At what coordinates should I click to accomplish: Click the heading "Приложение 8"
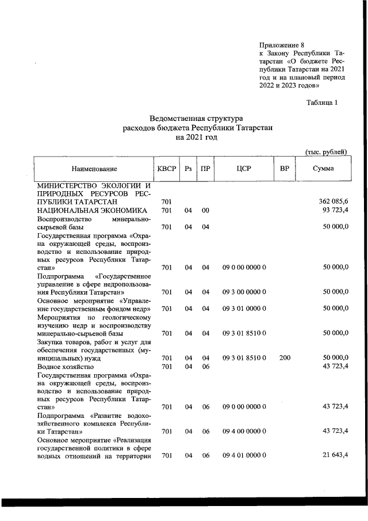(281, 45)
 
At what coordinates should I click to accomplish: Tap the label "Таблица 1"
(325, 102)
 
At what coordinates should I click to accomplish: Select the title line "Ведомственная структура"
(197, 119)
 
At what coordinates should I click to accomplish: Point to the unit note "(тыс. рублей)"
(325, 152)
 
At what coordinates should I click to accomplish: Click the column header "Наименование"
(94, 169)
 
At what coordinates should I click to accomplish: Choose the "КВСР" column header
(167, 169)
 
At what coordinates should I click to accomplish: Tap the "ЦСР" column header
(244, 169)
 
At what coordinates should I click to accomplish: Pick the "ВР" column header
(284, 169)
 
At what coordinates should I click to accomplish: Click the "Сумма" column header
(323, 169)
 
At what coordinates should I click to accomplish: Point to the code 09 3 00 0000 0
(244, 292)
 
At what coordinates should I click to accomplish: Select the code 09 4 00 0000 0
(244, 431)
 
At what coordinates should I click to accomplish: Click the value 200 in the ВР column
(285, 358)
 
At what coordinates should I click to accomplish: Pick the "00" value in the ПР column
(205, 211)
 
